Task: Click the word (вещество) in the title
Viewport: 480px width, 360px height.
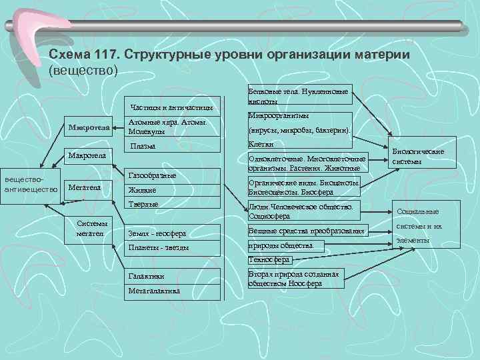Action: (x=83, y=69)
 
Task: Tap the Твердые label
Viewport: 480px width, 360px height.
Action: (x=143, y=204)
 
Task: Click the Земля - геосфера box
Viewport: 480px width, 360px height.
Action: (x=157, y=233)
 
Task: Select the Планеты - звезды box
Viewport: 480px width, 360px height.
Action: (x=158, y=247)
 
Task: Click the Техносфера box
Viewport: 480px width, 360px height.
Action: (x=269, y=260)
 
